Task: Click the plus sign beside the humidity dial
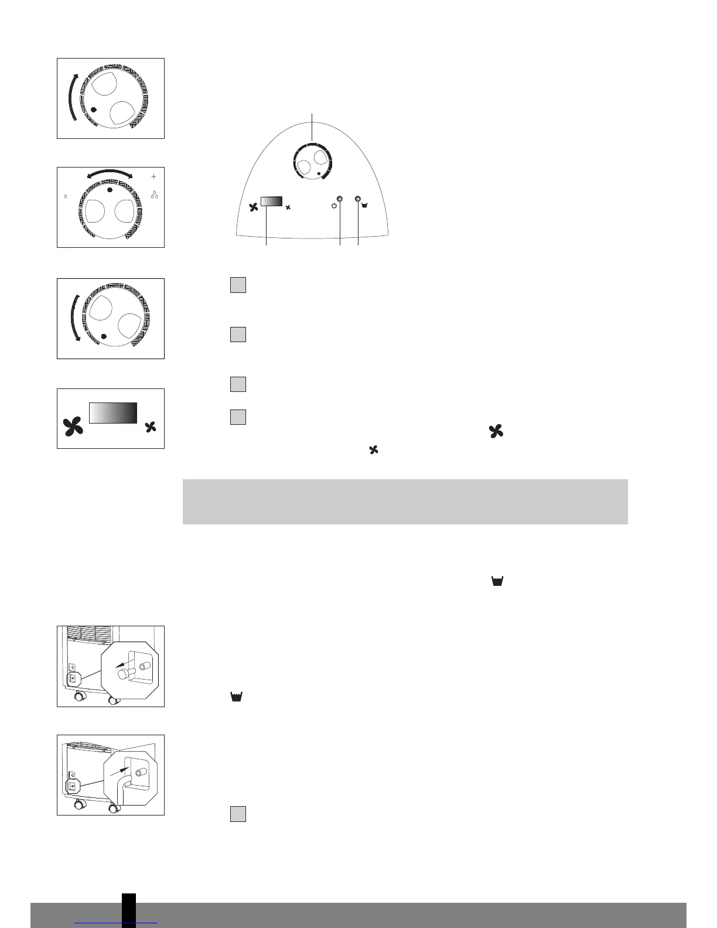(154, 176)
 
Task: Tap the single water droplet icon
(65, 197)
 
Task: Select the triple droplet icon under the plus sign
(155, 195)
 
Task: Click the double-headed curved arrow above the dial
(110, 172)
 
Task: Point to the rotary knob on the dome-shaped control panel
(312, 160)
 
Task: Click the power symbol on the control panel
(334, 206)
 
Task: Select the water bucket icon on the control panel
(366, 206)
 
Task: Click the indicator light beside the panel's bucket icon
(358, 199)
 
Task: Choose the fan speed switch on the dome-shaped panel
(272, 201)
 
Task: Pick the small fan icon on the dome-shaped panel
(288, 207)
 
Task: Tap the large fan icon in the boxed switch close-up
(74, 427)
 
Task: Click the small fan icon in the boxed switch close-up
(151, 427)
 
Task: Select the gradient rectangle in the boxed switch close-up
(113, 412)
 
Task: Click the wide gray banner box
(405, 501)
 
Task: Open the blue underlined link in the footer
(117, 923)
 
